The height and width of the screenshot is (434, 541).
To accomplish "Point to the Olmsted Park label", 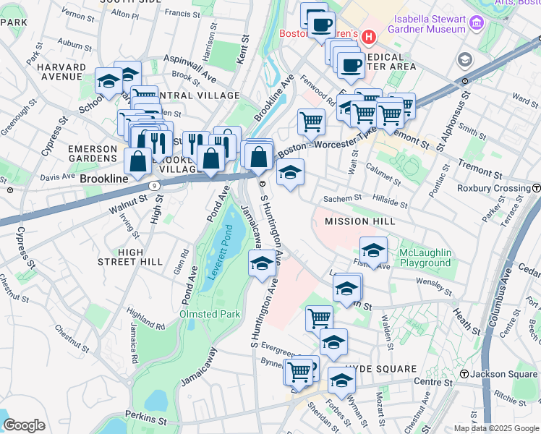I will point(210,315).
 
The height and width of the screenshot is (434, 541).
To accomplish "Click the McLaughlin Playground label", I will point(425,258).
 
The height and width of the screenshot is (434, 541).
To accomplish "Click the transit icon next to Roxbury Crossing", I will point(535,187).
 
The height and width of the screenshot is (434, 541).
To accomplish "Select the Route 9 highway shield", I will point(155,185).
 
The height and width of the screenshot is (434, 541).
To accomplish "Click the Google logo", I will point(24,425).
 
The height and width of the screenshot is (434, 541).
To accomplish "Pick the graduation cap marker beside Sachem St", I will point(290,172).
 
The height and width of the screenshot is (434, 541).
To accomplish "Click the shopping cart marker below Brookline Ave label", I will point(311,121).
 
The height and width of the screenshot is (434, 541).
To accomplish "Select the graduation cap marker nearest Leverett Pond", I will point(262,263).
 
